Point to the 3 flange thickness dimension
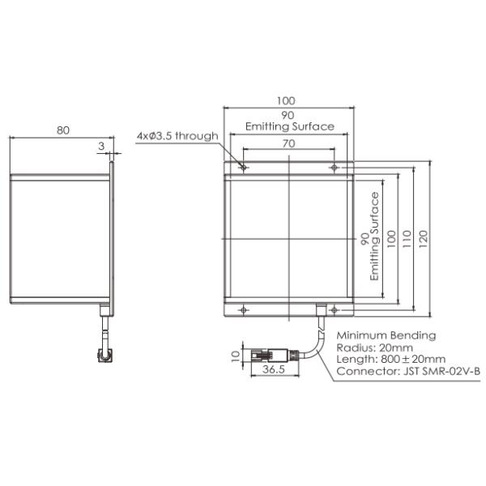pos(100,146)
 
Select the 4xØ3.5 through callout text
pos(178,135)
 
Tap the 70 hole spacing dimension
pos(289,143)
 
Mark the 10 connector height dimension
pos(235,354)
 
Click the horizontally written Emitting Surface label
pos(290,126)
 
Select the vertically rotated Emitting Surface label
pos(375,236)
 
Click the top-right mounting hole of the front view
pos(334,168)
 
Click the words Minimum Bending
pos(386,335)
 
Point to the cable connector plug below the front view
pos(270,353)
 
